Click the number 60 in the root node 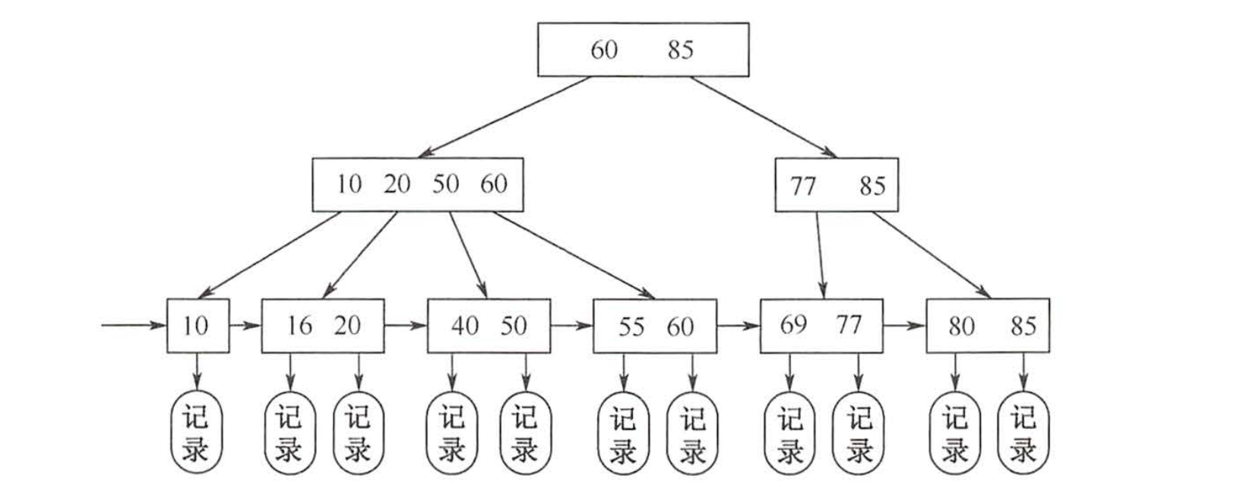pyautogui.click(x=604, y=50)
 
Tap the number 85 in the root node pyautogui.click(x=681, y=50)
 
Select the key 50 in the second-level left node pyautogui.click(x=445, y=184)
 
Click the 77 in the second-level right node pyautogui.click(x=803, y=186)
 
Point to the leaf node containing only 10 pyautogui.click(x=197, y=326)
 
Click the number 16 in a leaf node pyautogui.click(x=299, y=326)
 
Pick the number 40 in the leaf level pyautogui.click(x=464, y=326)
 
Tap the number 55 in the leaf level pyautogui.click(x=631, y=326)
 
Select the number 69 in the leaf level pyautogui.click(x=793, y=325)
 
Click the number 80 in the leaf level pyautogui.click(x=960, y=326)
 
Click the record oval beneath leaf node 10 pyautogui.click(x=195, y=433)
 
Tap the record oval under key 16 pyautogui.click(x=289, y=433)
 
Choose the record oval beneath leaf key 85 pyautogui.click(x=1023, y=433)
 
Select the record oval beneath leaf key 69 pyautogui.click(x=789, y=433)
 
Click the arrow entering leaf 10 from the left pyautogui.click(x=133, y=326)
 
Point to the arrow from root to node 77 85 pyautogui.click(x=764, y=117)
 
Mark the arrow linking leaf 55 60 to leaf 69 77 pyautogui.click(x=738, y=326)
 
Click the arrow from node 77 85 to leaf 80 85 pyautogui.click(x=931, y=254)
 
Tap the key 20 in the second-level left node pyautogui.click(x=396, y=184)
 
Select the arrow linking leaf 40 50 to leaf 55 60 pyautogui.click(x=571, y=326)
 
